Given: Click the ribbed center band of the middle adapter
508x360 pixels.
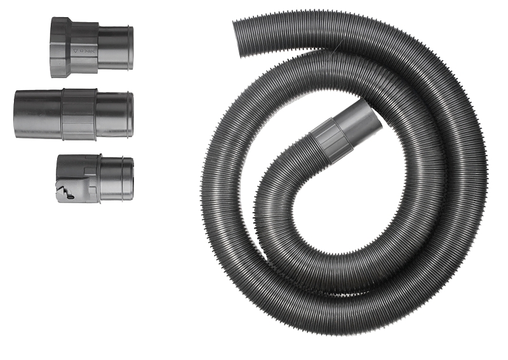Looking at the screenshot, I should [x=79, y=114].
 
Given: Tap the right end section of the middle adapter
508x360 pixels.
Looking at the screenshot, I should [x=114, y=114].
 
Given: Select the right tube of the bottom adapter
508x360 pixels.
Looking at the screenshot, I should [x=116, y=178].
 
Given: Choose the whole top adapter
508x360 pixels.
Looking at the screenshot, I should [x=92, y=48].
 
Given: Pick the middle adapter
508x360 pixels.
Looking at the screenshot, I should [x=73, y=114].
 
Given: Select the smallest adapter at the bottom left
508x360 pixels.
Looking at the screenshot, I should [x=94, y=179].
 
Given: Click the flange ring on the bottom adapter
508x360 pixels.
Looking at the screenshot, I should [x=97, y=178].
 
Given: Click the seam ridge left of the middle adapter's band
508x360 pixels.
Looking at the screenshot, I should [x=62, y=114].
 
